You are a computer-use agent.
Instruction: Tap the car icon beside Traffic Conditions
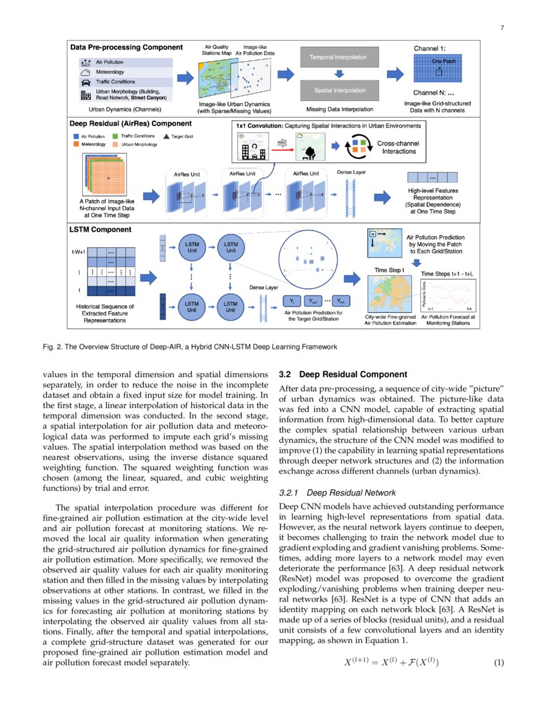(x=86, y=82)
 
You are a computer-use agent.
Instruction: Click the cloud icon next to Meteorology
(x=86, y=72)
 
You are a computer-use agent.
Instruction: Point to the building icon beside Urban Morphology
(x=86, y=95)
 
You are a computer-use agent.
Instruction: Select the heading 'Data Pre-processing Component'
(x=126, y=47)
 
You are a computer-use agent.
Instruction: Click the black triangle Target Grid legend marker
(x=167, y=136)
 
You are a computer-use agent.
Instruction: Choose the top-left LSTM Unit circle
(x=192, y=248)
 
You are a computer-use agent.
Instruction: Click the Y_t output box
(x=292, y=301)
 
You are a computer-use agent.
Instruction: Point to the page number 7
(x=501, y=28)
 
